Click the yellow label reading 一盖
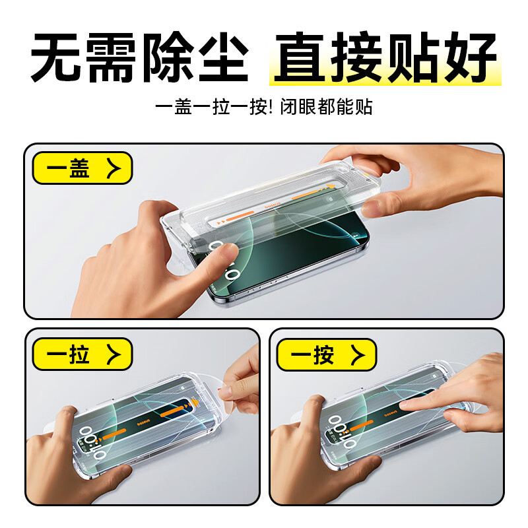point(82,168)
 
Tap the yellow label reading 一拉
point(82,354)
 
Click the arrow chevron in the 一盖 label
point(113,168)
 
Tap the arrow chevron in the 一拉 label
point(113,354)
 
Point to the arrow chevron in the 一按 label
point(357,354)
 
